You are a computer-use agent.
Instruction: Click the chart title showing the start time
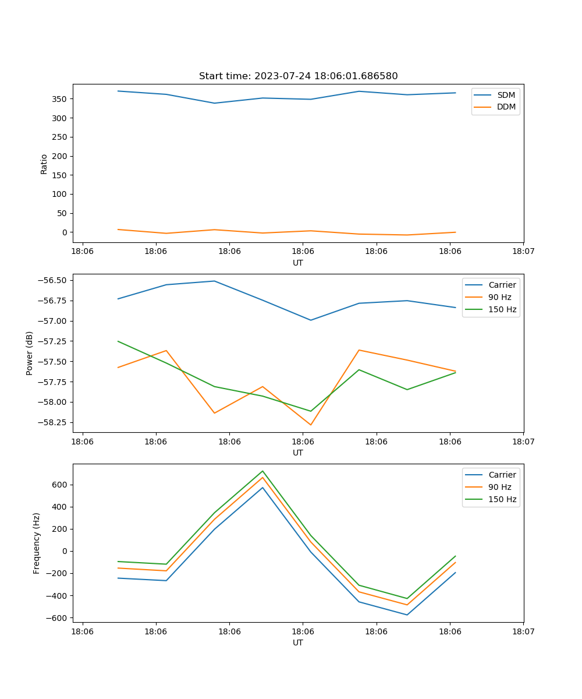pos(298,76)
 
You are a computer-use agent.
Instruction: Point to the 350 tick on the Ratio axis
pos(59,99)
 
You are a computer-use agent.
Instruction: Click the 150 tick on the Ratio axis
pos(59,175)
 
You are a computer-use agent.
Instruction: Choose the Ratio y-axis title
pos(44,164)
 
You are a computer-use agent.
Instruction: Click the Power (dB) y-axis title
pos(30,353)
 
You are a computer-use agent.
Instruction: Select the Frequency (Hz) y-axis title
pos(37,543)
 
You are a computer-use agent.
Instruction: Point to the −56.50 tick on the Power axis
pos(51,280)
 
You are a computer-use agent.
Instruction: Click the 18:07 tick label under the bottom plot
pos(523,631)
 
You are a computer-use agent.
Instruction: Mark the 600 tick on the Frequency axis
pos(61,485)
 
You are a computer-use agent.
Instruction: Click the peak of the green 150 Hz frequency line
pos(262,471)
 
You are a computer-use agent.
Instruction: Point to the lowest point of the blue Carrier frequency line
pos(407,615)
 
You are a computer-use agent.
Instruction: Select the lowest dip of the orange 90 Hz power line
pos(310,425)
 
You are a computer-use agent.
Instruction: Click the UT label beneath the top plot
pos(298,263)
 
